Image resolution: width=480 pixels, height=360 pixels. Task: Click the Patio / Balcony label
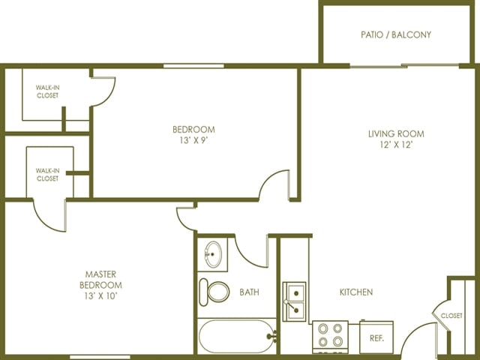point(396,34)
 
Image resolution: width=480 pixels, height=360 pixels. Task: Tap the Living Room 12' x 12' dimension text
point(396,145)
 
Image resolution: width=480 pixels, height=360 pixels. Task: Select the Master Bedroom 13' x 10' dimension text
point(101,296)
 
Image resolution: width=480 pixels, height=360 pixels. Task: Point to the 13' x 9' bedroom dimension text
point(193,140)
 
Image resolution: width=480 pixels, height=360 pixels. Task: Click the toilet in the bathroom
point(214,292)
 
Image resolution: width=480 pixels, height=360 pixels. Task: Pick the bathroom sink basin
point(213,254)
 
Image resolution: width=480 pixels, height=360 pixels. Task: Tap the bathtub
point(237,336)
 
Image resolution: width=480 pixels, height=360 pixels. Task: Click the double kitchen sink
point(295,301)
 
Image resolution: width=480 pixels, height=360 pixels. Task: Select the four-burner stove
point(330,336)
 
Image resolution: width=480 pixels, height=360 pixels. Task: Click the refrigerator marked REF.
point(376,337)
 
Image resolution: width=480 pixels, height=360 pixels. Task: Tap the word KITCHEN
point(356,292)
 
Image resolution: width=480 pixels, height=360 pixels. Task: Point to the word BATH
point(249,292)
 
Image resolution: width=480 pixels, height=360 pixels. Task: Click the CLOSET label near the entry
point(451,315)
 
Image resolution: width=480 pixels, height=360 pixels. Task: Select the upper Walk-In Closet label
point(47,91)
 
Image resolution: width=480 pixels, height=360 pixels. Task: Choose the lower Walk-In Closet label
point(47,175)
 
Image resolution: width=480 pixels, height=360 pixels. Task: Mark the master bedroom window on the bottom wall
point(100,357)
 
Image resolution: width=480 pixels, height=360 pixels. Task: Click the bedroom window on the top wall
point(193,66)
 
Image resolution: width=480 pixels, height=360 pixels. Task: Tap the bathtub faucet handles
point(273,337)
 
